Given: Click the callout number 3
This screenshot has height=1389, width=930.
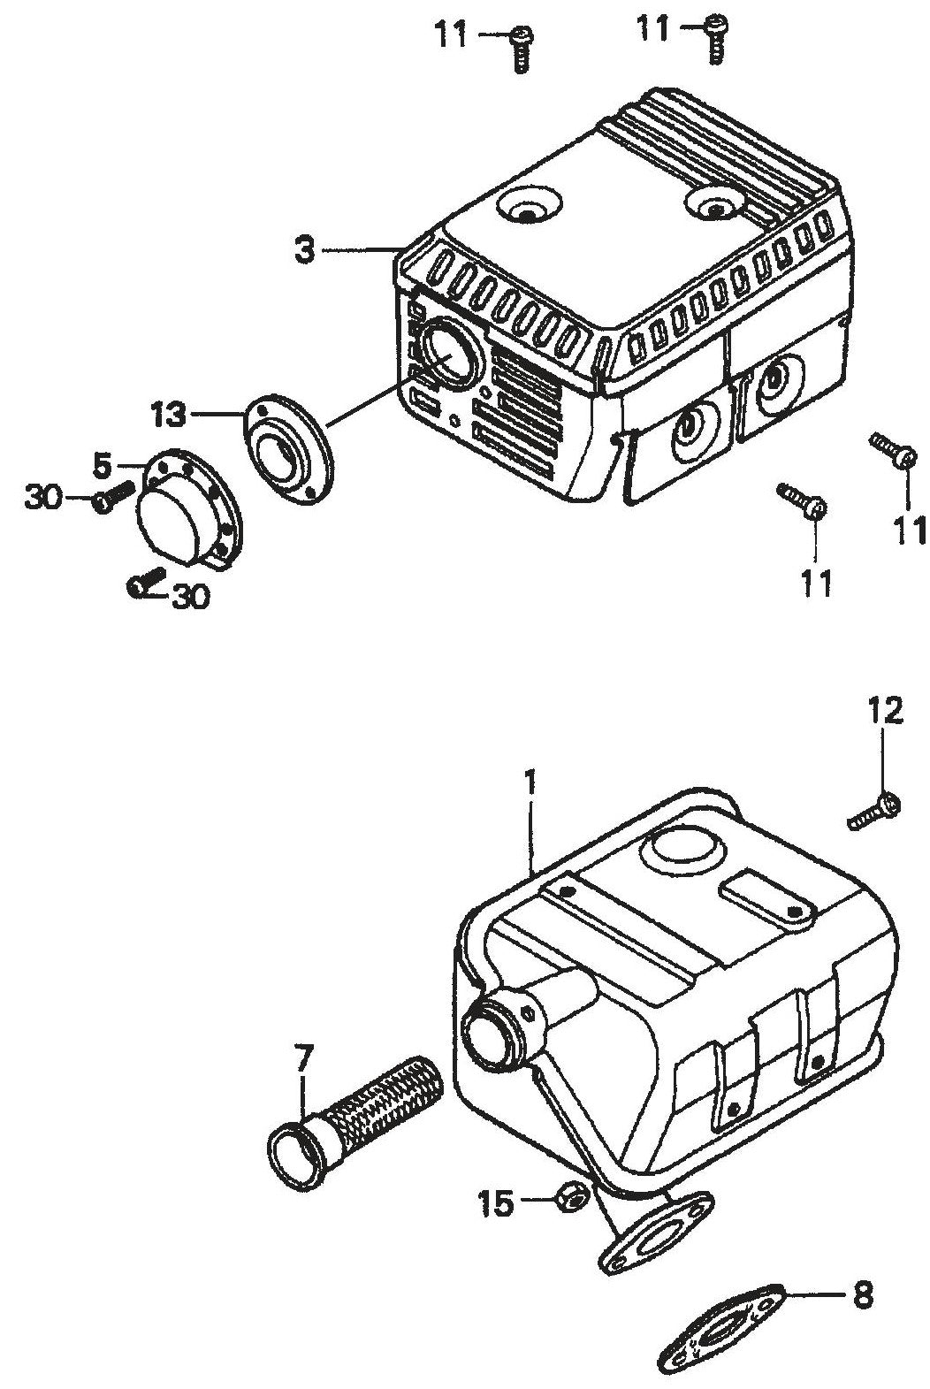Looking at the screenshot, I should pyautogui.click(x=304, y=250).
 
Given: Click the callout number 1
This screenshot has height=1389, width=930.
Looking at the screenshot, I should pyautogui.click(x=530, y=782).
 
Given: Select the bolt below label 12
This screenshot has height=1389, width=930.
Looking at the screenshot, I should pyautogui.click(x=875, y=812).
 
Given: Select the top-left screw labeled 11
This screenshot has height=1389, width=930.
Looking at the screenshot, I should pyautogui.click(x=521, y=47).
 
